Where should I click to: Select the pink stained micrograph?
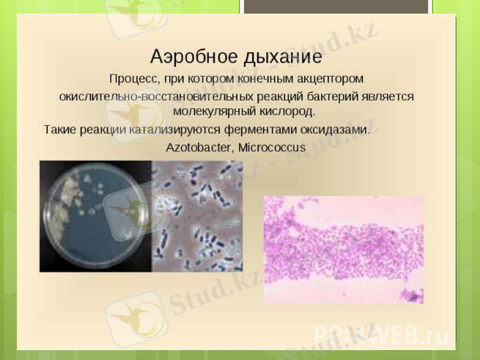coord(343,249)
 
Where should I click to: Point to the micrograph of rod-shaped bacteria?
coord(198,216)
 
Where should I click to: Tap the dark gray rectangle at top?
coord(336,6)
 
